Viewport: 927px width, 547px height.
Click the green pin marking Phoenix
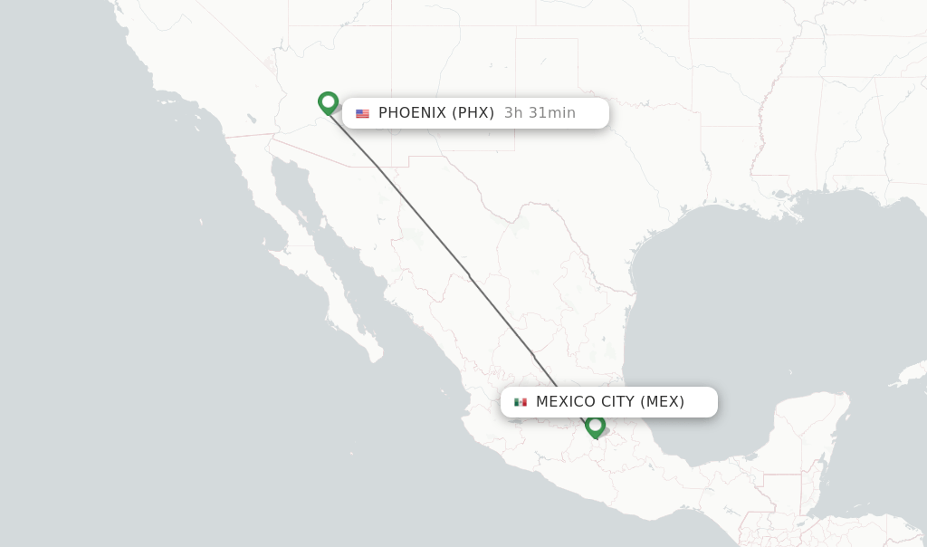[328, 102]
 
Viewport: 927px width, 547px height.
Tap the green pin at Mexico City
[595, 425]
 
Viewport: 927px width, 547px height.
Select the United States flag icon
[362, 113]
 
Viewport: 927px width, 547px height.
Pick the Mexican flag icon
[521, 402]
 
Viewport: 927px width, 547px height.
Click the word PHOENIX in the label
[412, 113]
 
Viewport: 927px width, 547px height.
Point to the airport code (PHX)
[473, 113]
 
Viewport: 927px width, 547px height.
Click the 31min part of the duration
[552, 113]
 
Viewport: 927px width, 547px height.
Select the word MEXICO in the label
[566, 401]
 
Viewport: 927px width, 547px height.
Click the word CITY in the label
[618, 401]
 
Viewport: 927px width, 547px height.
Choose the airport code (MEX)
[663, 401]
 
